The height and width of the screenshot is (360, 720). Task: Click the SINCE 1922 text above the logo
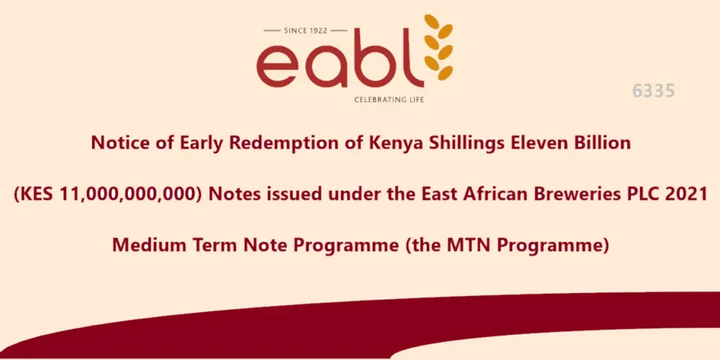[x=306, y=30]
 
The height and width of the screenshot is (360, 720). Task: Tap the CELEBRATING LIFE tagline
[x=389, y=100]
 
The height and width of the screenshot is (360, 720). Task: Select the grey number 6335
[x=653, y=91]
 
